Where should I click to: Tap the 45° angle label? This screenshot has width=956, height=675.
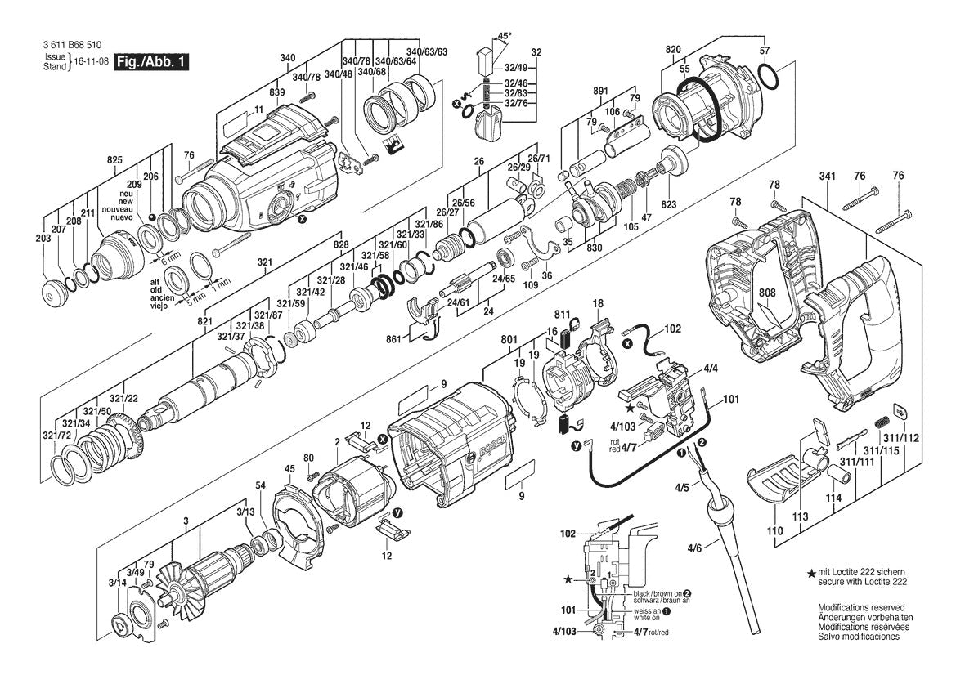pos(505,36)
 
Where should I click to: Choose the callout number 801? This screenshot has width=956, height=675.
pos(509,339)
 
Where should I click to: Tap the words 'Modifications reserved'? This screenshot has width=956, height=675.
pos(861,608)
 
